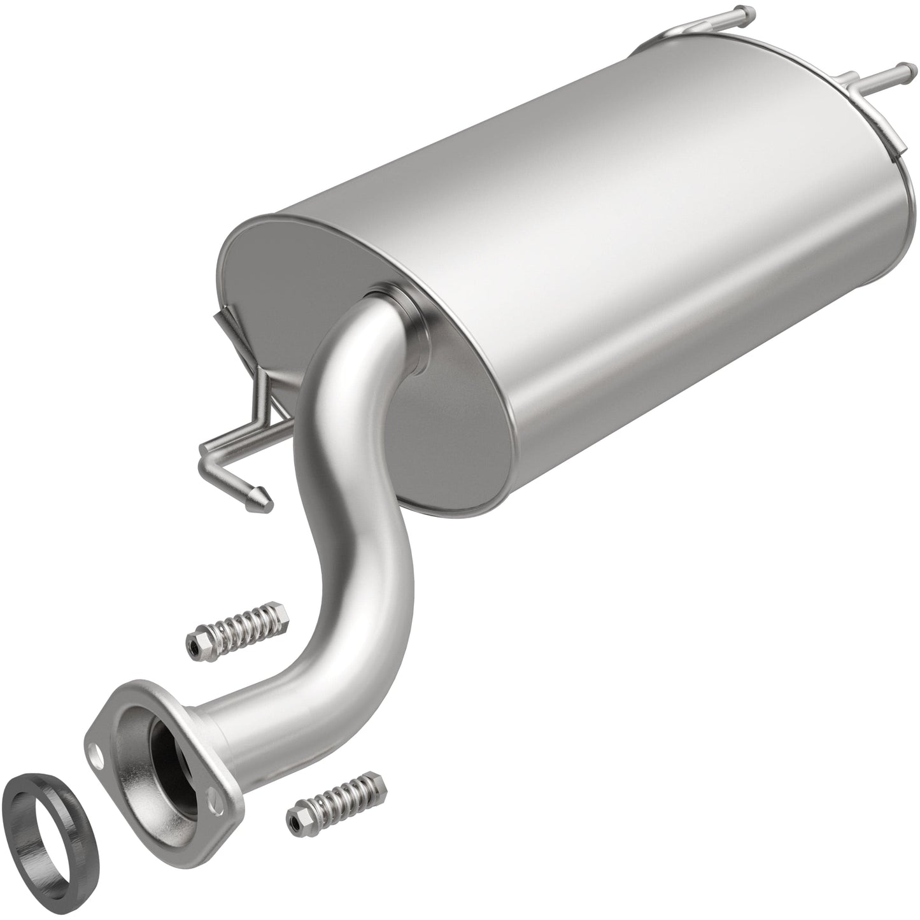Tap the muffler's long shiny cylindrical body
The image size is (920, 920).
pos(605,255)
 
